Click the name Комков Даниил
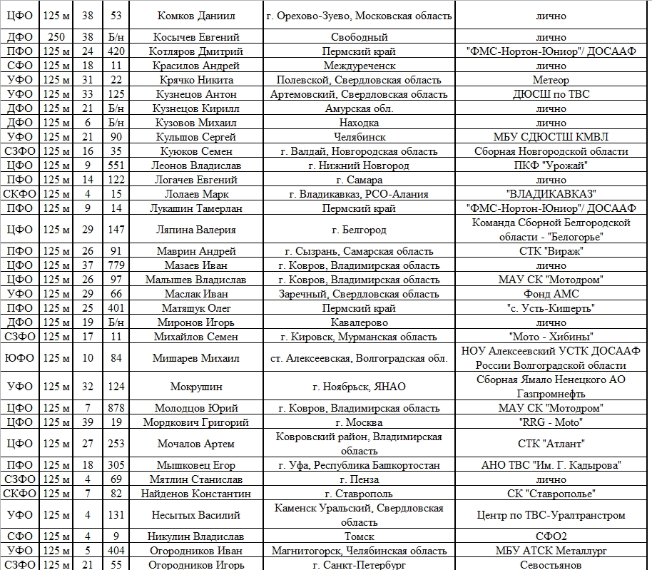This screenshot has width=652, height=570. click(x=196, y=16)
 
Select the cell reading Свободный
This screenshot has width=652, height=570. click(x=360, y=37)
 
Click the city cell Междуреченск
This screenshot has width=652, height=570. click(x=360, y=66)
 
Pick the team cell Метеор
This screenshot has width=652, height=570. click(x=551, y=80)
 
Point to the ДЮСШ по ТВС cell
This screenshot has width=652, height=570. click(x=551, y=94)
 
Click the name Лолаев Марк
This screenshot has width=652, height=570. click(x=196, y=194)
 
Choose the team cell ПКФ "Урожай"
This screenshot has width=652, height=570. click(x=551, y=166)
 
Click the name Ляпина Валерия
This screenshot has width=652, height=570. click(x=196, y=230)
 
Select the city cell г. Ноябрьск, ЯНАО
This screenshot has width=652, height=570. click(x=360, y=387)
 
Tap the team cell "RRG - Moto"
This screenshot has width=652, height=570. click(x=551, y=422)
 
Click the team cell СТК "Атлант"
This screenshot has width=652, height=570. click(x=551, y=444)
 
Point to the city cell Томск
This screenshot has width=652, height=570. click(x=360, y=536)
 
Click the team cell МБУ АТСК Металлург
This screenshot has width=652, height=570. click(x=551, y=551)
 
